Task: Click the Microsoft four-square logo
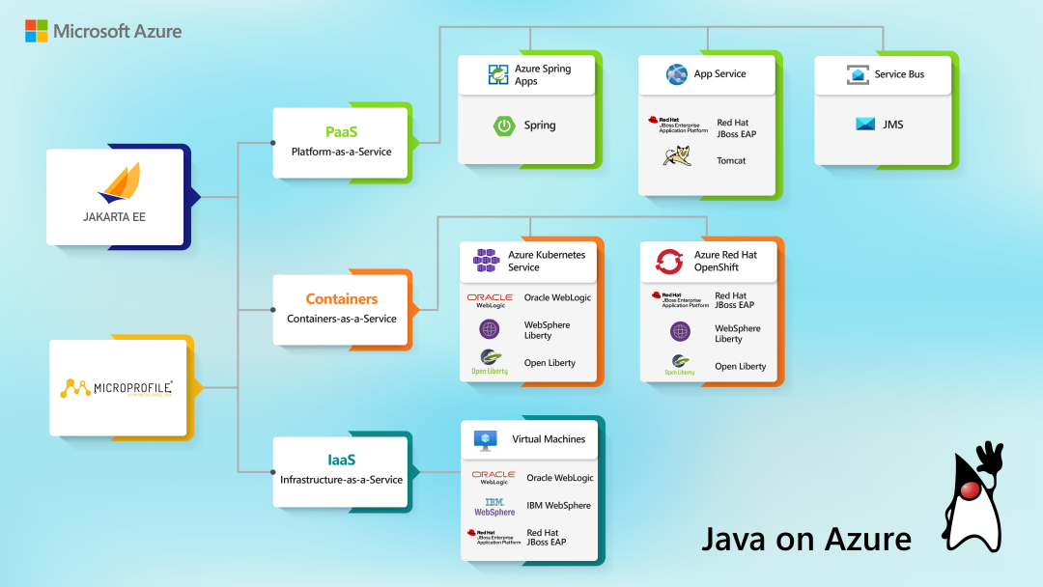37,31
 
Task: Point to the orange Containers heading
342,299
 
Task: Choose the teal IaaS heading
341,461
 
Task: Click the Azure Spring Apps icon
498,74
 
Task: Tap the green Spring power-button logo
503,126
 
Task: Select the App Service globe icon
676,74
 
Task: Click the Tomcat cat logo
676,156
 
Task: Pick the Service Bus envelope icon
858,74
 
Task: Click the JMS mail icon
865,124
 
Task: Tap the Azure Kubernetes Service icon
486,261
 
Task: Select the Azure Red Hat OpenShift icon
669,261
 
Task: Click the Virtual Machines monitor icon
486,439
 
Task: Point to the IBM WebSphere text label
558,506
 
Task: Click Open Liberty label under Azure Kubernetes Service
550,363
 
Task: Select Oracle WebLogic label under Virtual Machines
560,478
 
